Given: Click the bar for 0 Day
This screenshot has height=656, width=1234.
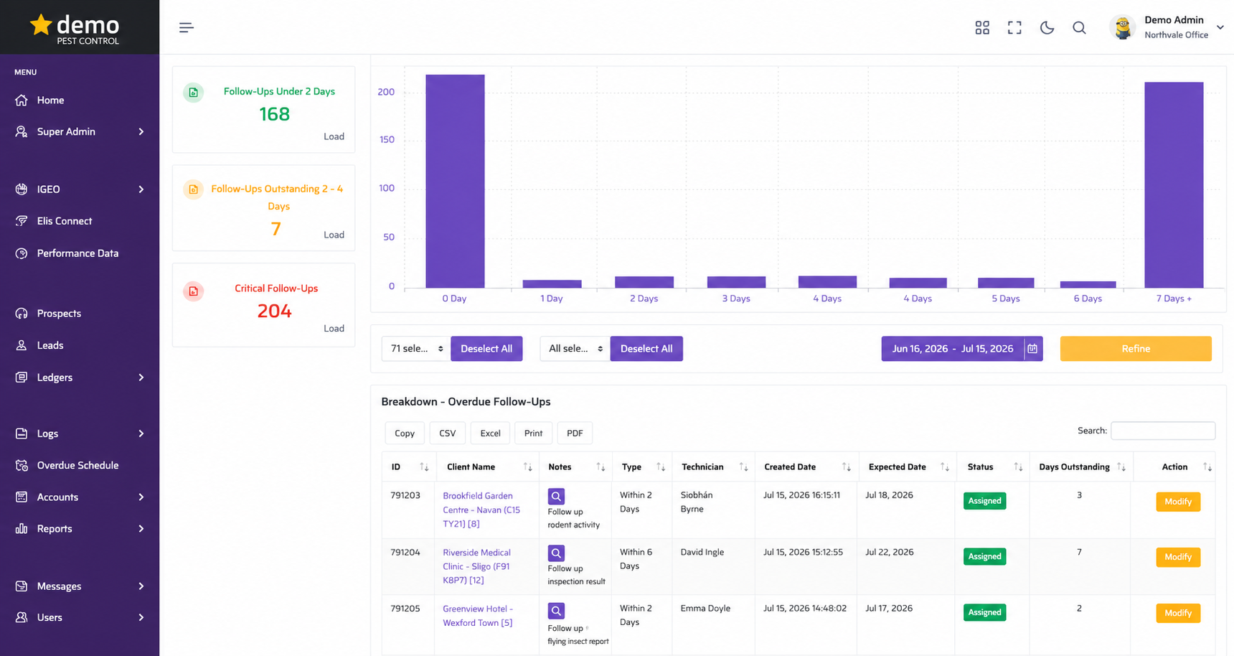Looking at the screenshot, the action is point(455,181).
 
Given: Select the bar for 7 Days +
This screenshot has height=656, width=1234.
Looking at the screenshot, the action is point(1174,185).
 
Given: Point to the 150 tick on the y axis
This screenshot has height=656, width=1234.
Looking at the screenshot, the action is point(387,139).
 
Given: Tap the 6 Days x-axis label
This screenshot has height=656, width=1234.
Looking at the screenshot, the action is point(1088,299).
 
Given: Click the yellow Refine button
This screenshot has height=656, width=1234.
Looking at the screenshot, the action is point(1136,349).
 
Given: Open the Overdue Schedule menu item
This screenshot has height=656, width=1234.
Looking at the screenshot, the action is point(77,465).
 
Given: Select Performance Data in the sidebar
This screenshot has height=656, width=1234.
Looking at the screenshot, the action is point(77,253).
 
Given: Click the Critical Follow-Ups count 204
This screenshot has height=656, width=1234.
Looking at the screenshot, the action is point(275,311).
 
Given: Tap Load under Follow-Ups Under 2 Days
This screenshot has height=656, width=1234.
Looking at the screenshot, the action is point(334,136).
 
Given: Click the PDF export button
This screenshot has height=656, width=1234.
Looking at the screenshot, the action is point(575,433).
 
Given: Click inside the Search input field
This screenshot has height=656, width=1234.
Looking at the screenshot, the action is point(1163,431).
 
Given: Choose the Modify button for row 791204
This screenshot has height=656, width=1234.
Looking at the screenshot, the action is point(1178,557).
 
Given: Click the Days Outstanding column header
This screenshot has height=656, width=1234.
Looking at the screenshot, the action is point(1074,467).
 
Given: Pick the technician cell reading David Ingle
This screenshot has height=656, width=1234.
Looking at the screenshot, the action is point(702,552).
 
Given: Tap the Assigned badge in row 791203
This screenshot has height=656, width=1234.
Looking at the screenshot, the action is point(984,501).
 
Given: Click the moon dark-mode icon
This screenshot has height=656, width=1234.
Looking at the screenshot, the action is point(1047,28).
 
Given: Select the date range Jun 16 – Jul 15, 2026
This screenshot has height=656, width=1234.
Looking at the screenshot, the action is point(953,349).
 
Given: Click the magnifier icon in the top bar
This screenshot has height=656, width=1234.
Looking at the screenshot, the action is point(1079,28).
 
